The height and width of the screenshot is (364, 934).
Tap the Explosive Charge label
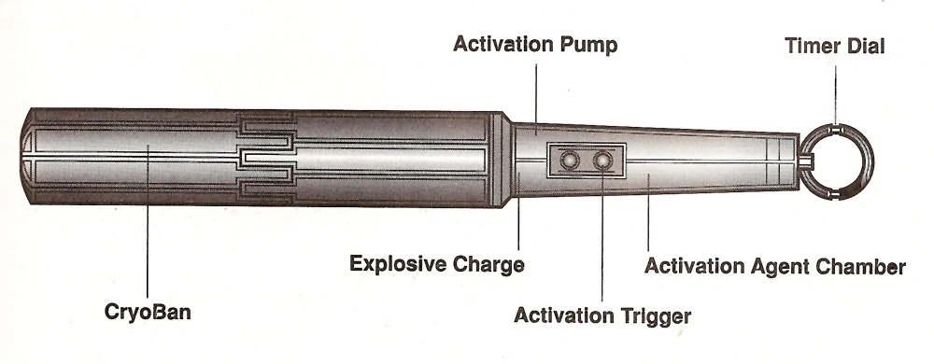(x=436, y=264)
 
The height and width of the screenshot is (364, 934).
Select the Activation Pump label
(x=535, y=46)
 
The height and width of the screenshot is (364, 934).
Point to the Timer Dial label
(x=834, y=46)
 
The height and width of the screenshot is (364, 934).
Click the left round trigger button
(x=567, y=161)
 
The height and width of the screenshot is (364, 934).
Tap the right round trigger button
(x=604, y=161)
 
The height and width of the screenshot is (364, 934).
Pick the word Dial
(x=866, y=46)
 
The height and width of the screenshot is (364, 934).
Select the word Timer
(x=809, y=46)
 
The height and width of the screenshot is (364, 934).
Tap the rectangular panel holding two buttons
(x=586, y=161)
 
